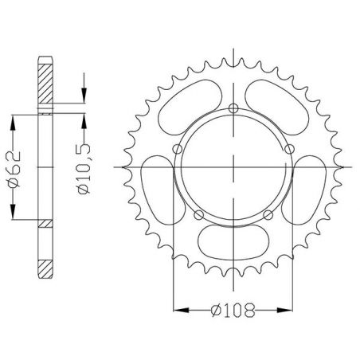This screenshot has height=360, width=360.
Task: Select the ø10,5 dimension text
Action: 84,167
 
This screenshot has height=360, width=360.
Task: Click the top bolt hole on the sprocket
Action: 233,109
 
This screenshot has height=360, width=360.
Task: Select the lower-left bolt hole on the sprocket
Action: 198,214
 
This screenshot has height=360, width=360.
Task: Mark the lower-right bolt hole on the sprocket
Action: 268,214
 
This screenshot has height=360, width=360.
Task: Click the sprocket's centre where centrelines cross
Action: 233,167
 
